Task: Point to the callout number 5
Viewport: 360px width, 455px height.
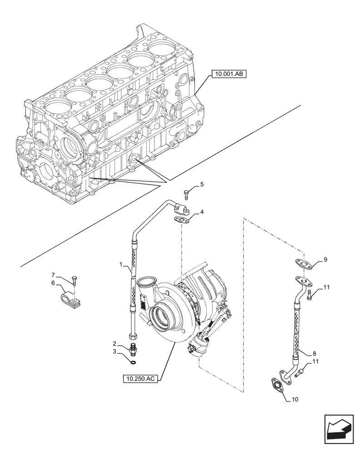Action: (x=202, y=184)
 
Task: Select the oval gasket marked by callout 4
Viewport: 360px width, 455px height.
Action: (x=183, y=221)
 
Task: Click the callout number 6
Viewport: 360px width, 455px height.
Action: (x=53, y=283)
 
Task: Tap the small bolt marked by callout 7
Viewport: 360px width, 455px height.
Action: (x=74, y=279)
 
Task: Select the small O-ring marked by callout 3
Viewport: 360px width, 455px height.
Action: (x=132, y=362)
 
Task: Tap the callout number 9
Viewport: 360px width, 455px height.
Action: (x=325, y=260)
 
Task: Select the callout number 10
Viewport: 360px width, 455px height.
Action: (x=295, y=400)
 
